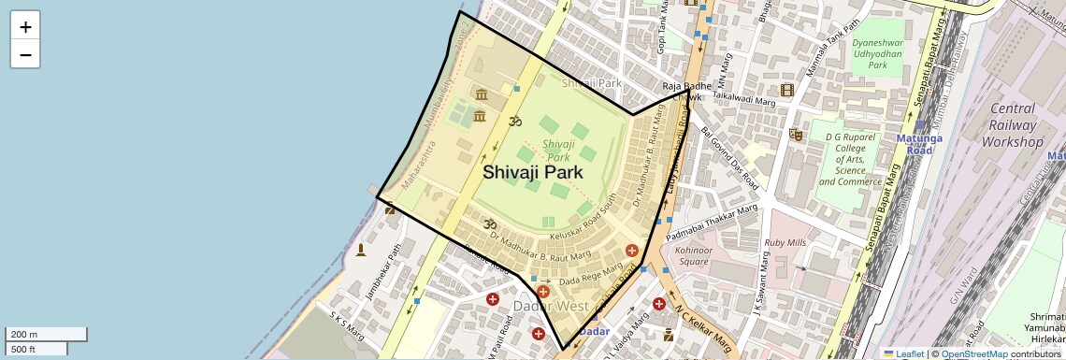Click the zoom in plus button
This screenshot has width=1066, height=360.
coord(25,27)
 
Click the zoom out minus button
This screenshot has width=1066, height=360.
coord(25,54)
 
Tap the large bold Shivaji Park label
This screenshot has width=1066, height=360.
coord(532,172)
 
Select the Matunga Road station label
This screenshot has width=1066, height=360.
coord(921,144)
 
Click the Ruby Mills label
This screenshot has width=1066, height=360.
coord(785,242)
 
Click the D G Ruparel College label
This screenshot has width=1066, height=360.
coord(850,159)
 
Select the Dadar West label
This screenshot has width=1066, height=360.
coord(550,307)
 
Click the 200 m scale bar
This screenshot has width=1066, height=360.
coord(46,334)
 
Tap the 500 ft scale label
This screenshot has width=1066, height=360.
coord(36,349)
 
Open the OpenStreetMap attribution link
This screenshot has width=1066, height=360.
coord(973,354)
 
